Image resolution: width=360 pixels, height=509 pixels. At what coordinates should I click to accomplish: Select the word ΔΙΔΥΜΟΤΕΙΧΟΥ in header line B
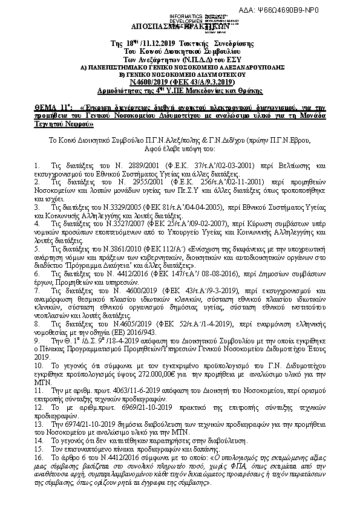214,75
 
